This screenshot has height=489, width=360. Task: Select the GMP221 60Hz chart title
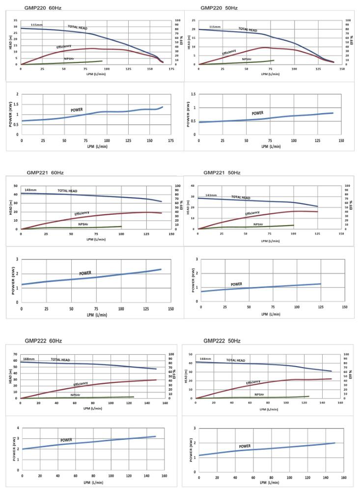click(45, 173)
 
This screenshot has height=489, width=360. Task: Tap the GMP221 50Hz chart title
click(222, 173)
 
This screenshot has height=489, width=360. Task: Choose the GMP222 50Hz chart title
click(222, 341)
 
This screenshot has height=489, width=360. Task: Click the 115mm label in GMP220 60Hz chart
click(37, 24)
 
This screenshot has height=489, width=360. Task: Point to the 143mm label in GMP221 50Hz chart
click(211, 195)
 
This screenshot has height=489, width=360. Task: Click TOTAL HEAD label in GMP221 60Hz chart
click(67, 191)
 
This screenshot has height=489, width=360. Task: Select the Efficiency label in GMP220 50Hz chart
click(229, 52)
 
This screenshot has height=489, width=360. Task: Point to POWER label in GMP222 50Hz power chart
click(245, 446)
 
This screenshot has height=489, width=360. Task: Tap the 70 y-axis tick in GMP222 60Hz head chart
click(15, 354)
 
